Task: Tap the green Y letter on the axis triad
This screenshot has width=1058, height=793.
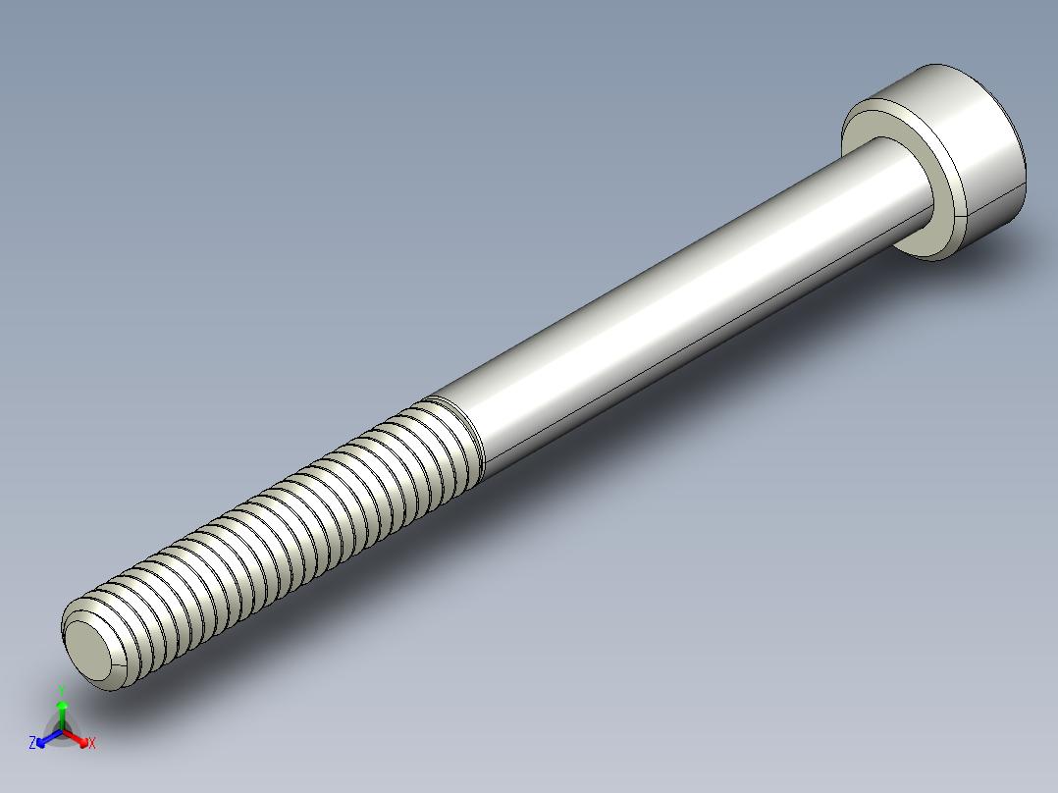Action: click(x=61, y=688)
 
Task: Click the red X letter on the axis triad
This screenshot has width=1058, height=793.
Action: click(x=92, y=744)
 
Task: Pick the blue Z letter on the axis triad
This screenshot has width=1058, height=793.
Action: click(x=32, y=744)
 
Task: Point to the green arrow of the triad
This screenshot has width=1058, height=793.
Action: click(x=62, y=709)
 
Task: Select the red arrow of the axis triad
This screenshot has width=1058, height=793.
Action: click(x=79, y=738)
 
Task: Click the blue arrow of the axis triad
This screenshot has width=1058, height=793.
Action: click(x=45, y=738)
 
